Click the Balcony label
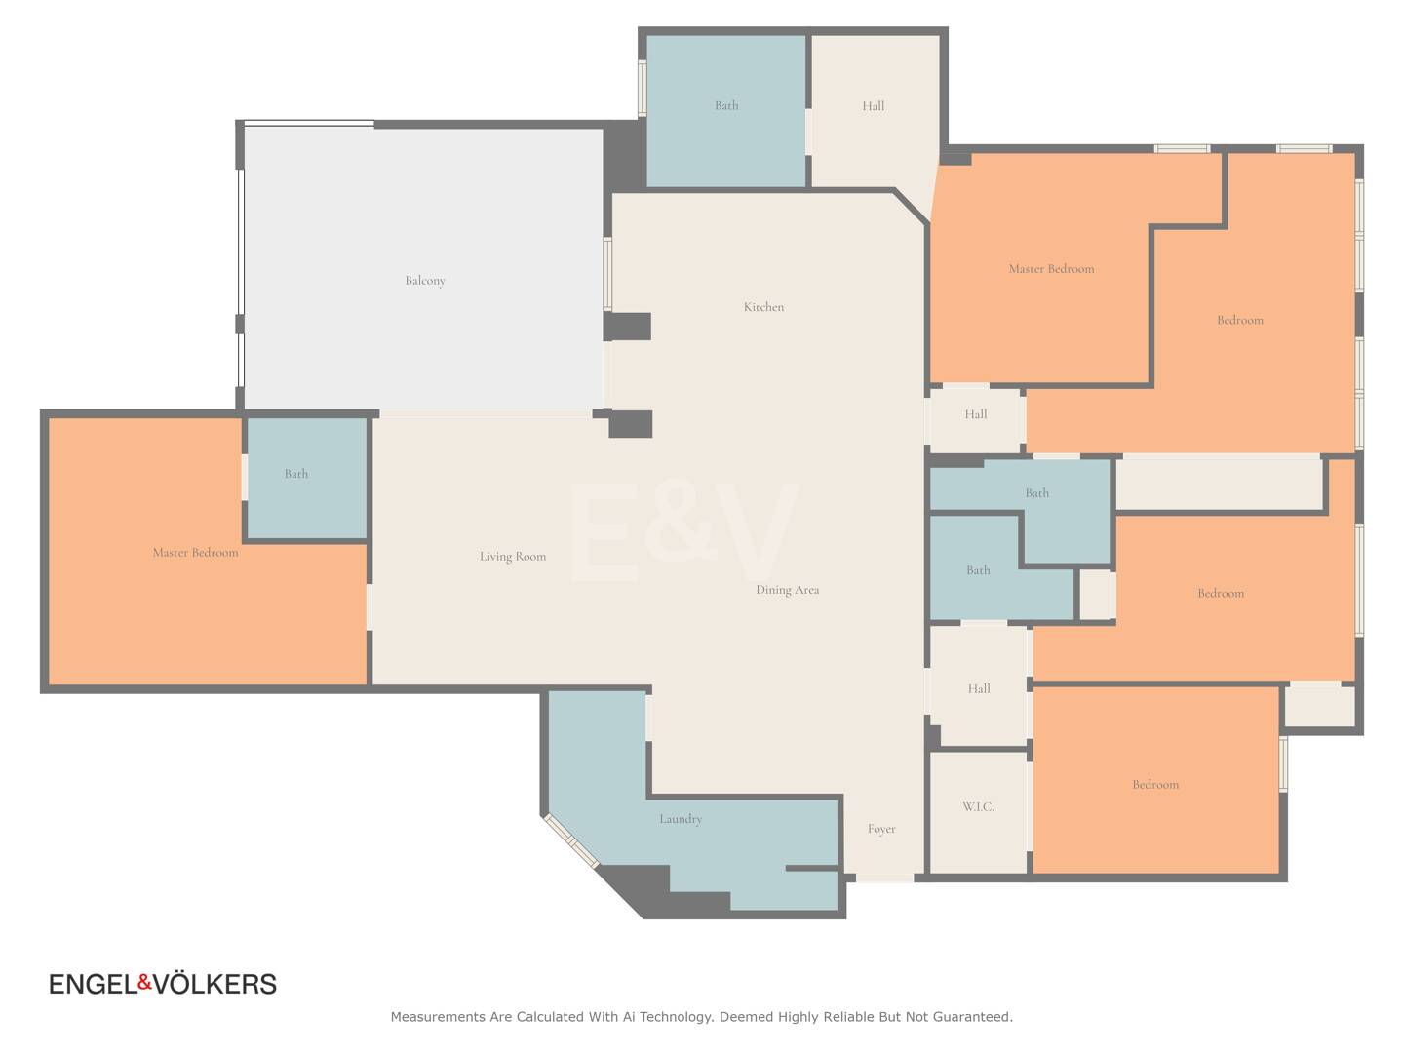[x=425, y=280]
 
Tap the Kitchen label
[x=763, y=307]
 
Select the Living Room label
[x=513, y=556]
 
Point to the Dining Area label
[x=788, y=590]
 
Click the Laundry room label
[x=681, y=819]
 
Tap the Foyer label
[x=881, y=829]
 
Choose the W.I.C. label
[x=978, y=807]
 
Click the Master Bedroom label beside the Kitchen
[x=1052, y=269]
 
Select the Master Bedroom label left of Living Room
[x=196, y=553]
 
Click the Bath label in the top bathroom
[x=726, y=105]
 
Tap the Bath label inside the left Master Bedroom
[x=296, y=474]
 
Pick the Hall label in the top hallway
[x=873, y=106]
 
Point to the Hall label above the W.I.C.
[x=979, y=688]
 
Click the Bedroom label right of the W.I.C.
[x=1155, y=785]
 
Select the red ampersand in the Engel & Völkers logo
[x=145, y=981]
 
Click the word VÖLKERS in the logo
[x=215, y=984]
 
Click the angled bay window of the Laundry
[x=571, y=840]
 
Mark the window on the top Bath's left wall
[x=643, y=88]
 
